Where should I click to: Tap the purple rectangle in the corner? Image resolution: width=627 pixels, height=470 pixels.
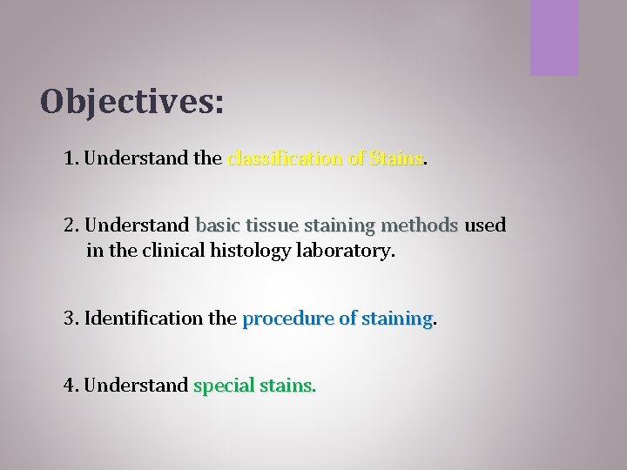(x=554, y=37)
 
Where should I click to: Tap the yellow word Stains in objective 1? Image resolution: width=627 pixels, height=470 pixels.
(x=395, y=159)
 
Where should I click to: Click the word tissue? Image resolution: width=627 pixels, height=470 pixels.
(x=270, y=225)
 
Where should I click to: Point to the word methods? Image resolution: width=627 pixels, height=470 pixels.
(x=419, y=225)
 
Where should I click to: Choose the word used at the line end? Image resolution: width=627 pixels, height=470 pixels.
(x=485, y=225)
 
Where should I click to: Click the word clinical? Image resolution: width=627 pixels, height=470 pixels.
(x=171, y=252)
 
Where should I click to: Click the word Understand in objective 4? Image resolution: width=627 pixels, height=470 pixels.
(x=138, y=385)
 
